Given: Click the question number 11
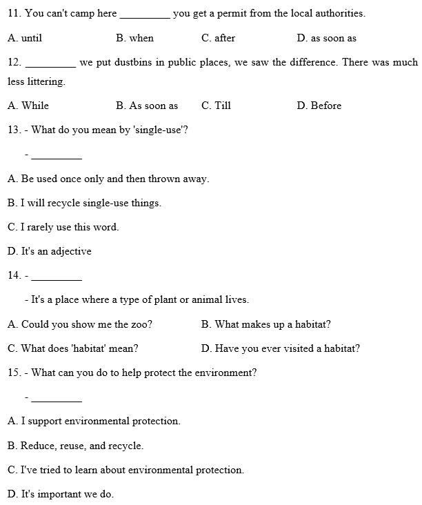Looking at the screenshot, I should [x=14, y=13].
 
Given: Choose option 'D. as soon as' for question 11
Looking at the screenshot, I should [x=326, y=38].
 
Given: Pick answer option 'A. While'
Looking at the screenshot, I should [x=28, y=106].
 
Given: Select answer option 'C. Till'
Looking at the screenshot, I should [x=216, y=106].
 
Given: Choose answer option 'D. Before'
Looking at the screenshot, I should [x=319, y=106].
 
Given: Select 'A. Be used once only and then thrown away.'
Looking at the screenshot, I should [x=108, y=179].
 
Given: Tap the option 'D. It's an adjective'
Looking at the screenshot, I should [x=50, y=251].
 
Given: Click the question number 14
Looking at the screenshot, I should [x=14, y=275].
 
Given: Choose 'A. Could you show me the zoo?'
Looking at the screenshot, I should [x=80, y=324].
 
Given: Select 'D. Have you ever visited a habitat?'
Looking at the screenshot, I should [x=280, y=348].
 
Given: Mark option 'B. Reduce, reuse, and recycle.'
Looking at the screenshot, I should [x=76, y=446].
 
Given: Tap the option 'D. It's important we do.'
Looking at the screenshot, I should [x=61, y=494].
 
